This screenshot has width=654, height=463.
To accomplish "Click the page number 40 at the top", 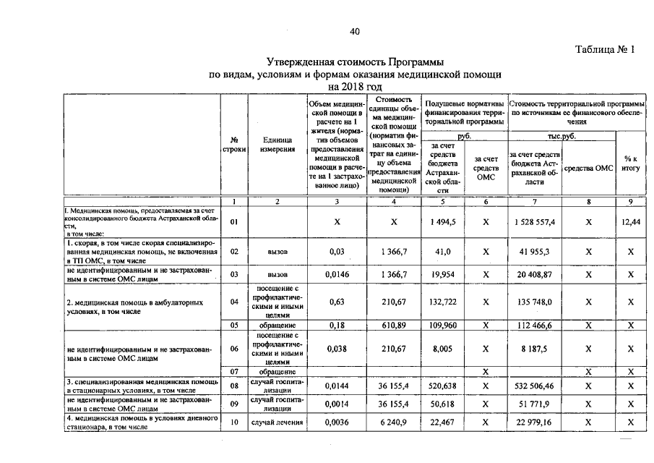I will coord(354,31).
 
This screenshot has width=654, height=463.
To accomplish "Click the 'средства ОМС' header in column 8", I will coord(588,168).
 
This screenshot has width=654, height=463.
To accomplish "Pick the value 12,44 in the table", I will coord(631,223).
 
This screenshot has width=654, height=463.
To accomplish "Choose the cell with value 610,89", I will coord(394,326).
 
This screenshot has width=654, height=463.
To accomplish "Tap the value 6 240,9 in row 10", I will coord(394,423).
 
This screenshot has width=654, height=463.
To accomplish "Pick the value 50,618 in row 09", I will coord(441,404).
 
